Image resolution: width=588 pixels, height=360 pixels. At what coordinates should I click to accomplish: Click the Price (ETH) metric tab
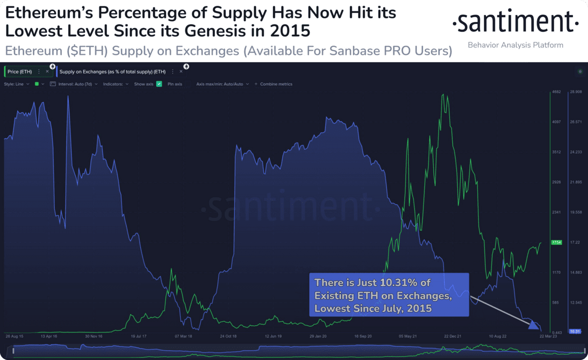click(20, 72)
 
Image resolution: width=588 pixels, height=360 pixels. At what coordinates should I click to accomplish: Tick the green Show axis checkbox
click(159, 84)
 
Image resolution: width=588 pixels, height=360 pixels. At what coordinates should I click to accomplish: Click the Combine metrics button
click(273, 84)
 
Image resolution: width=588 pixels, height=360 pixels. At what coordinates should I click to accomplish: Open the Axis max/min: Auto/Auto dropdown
click(222, 84)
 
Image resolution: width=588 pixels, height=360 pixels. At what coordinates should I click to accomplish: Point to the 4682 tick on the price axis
click(556, 92)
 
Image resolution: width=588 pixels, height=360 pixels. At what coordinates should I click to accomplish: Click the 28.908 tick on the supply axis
click(575, 92)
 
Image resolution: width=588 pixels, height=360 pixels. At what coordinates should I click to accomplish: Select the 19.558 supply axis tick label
click(575, 212)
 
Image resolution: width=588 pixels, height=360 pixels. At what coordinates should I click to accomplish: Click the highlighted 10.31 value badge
click(575, 332)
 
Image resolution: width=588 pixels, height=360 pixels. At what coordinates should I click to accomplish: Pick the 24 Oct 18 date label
click(228, 336)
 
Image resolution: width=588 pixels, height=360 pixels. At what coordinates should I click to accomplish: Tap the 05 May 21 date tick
click(408, 336)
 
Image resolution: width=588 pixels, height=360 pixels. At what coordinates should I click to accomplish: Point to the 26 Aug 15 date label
click(15, 336)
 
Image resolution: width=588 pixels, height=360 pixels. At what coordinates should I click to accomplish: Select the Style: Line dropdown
click(17, 84)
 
